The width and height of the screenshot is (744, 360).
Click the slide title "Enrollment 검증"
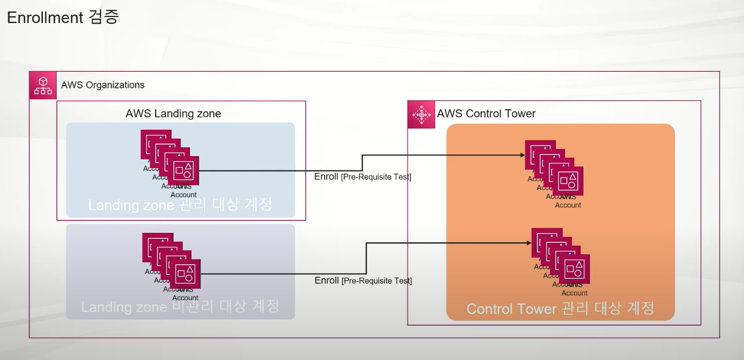coord(63,17)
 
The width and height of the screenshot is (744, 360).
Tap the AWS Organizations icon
coord(43,85)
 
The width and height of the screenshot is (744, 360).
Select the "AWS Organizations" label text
coord(103,85)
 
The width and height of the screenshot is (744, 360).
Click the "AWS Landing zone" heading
coord(173,114)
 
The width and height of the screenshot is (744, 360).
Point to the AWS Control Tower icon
coord(421,115)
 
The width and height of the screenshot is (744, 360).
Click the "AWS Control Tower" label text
coord(486,114)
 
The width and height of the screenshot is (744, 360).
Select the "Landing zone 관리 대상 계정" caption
coord(180,204)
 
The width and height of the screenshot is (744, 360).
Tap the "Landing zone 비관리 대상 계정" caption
coord(180,306)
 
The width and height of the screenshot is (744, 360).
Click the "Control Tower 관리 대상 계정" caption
coord(560,309)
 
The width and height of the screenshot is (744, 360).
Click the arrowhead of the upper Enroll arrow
coord(522,155)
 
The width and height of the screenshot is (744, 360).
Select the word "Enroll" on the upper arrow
coord(326,177)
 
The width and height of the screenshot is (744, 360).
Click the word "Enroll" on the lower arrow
coord(327,280)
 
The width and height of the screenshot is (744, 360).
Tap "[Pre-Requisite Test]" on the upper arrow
coord(376,177)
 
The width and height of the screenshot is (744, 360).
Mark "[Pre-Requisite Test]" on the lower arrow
coord(376,281)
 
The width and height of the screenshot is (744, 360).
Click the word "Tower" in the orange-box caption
coord(537,309)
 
